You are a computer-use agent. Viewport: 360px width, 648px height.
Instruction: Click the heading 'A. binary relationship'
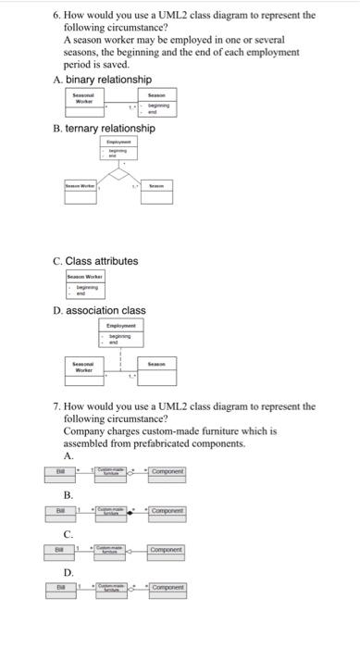coord(106,81)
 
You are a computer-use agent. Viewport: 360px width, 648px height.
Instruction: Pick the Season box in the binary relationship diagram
coord(157,103)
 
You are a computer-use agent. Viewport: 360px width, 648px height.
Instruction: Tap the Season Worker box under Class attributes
coord(86,284)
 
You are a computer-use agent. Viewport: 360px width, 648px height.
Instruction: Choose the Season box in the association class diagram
coord(163,373)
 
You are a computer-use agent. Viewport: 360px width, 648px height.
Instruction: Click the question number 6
coord(56,15)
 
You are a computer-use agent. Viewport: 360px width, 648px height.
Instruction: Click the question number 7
coord(56,405)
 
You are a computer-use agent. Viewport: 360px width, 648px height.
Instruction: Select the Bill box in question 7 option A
coord(59,472)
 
